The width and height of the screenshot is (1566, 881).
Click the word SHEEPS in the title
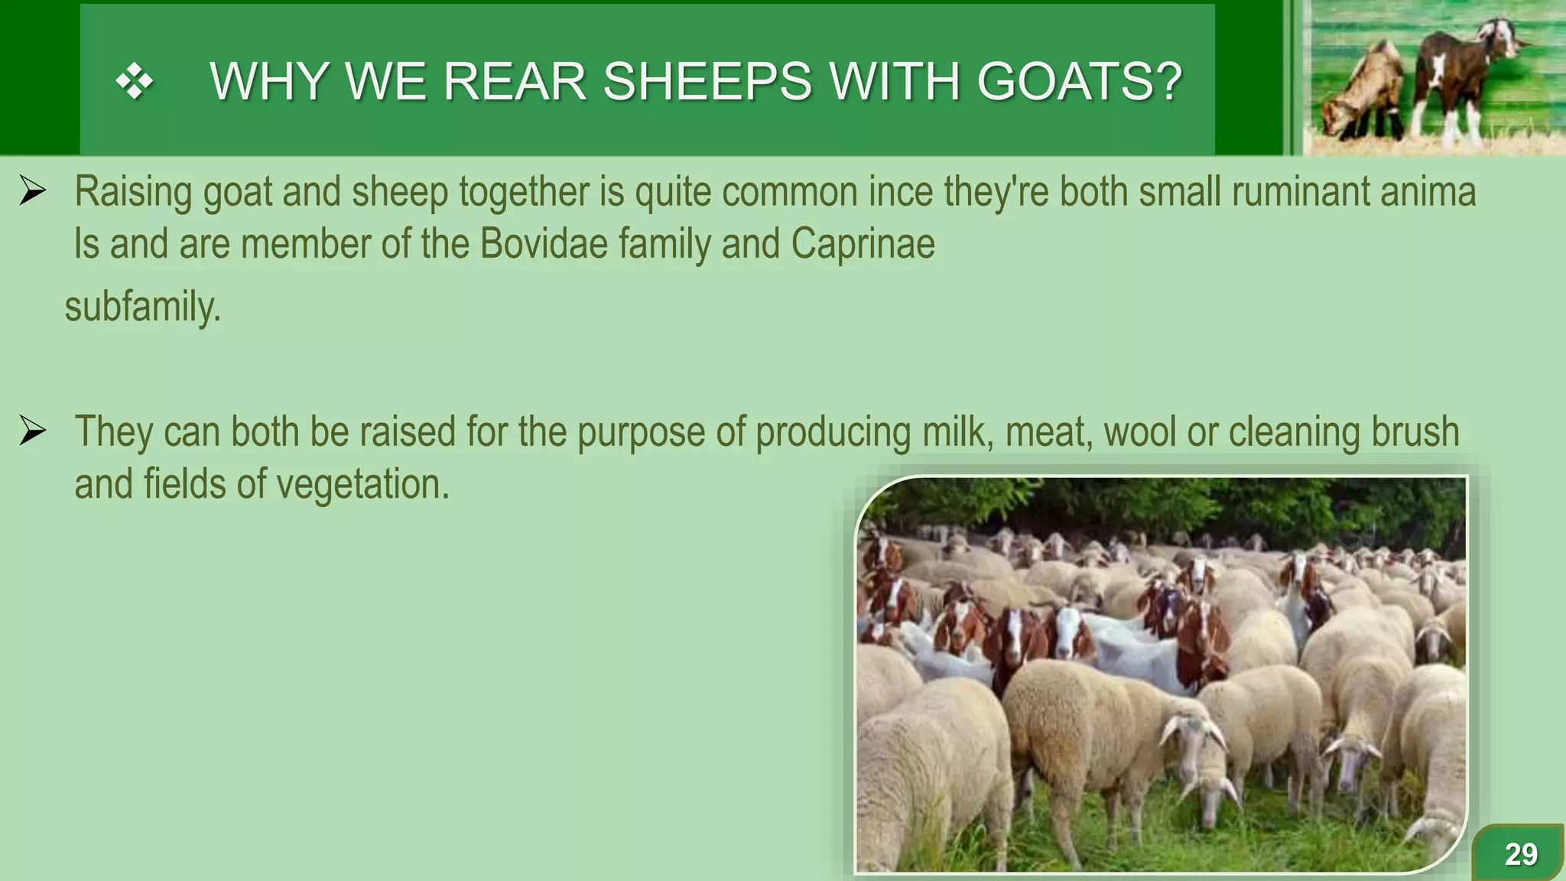click(707, 81)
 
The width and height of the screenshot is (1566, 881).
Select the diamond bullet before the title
click(135, 81)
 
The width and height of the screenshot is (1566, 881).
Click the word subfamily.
click(142, 307)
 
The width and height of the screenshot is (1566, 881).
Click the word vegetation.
click(362, 485)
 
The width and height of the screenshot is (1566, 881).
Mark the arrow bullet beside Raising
click(33, 191)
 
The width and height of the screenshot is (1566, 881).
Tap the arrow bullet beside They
click(33, 431)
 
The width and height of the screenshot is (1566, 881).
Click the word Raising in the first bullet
click(133, 191)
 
